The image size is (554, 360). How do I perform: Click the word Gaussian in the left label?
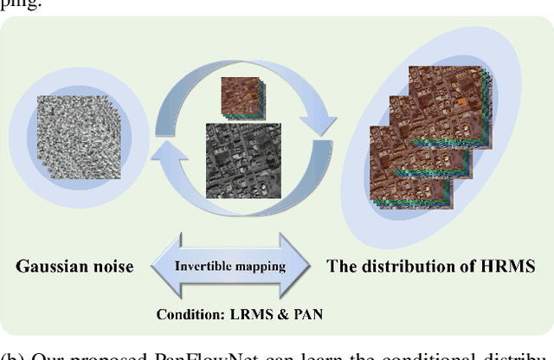click(51, 266)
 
